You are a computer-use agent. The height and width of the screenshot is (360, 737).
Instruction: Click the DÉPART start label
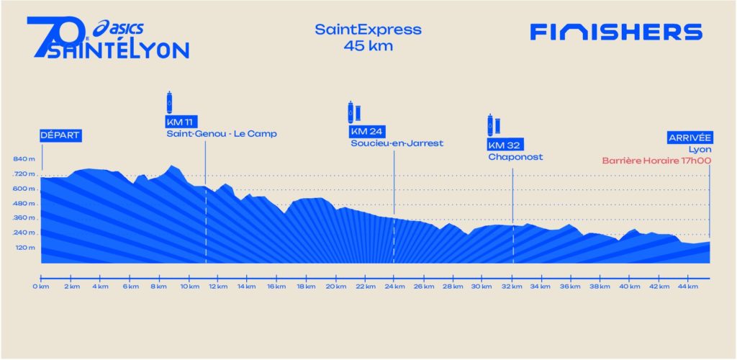(x=60, y=135)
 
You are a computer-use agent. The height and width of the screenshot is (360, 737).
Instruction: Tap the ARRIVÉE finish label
(x=689, y=137)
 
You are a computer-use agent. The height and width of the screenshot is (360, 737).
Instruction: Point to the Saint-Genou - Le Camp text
(x=221, y=134)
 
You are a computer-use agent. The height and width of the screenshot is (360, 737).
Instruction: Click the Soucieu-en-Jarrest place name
(x=397, y=143)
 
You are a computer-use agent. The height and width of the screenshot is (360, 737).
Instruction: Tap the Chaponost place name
(x=515, y=156)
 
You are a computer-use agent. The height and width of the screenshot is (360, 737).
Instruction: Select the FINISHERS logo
(x=615, y=32)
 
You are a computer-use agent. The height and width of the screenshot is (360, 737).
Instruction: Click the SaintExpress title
(x=368, y=30)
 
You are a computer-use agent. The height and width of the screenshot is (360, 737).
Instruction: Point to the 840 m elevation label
(x=24, y=159)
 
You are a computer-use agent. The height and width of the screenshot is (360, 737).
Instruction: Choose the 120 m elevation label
(x=24, y=248)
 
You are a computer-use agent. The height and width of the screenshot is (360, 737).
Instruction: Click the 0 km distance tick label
(x=40, y=287)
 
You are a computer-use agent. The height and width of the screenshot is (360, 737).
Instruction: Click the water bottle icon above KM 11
(x=170, y=100)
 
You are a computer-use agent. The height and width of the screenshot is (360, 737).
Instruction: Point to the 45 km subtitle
(x=368, y=47)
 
